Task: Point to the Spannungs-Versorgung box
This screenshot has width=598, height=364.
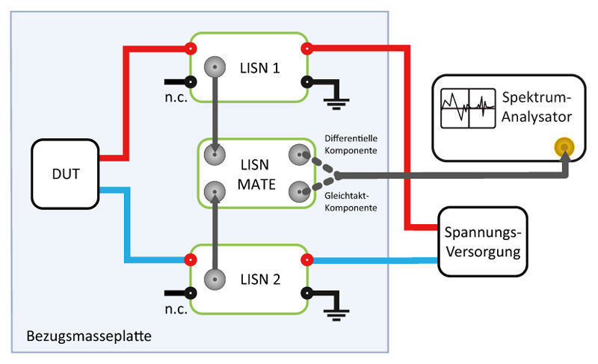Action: tap(481, 241)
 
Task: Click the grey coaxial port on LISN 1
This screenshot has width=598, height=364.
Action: tap(215, 66)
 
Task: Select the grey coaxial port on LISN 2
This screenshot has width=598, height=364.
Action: tap(215, 280)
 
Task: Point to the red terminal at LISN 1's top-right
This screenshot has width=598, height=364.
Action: tap(306, 49)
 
